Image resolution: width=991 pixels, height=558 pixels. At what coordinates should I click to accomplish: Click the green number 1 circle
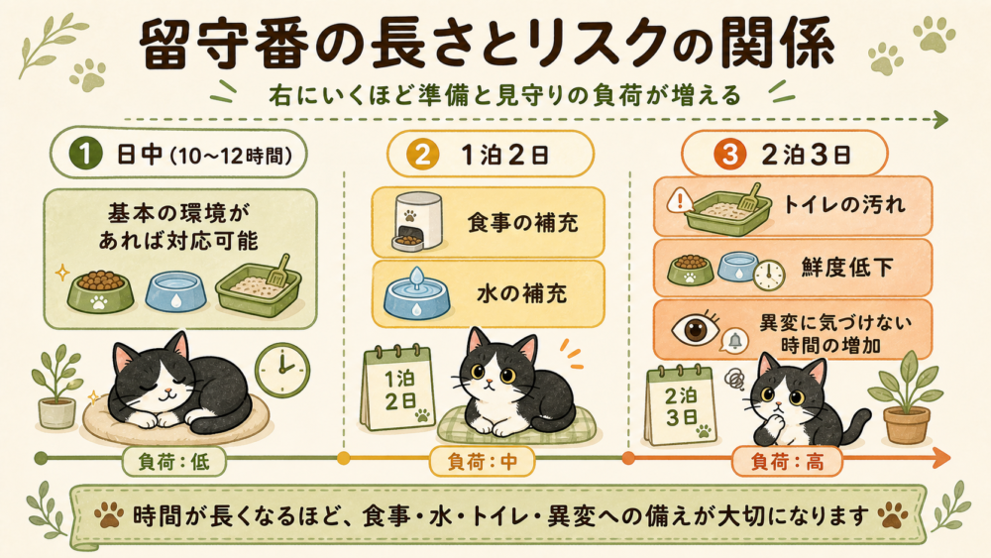pos(85,155)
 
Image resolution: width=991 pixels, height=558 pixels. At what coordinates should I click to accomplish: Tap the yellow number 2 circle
pos(422,155)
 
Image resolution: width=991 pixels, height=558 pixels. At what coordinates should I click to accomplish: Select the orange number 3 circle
pos(728,155)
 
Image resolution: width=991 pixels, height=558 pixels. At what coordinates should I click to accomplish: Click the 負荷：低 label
pos(173,462)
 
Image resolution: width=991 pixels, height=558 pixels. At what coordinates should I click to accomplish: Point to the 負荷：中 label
pos(483,462)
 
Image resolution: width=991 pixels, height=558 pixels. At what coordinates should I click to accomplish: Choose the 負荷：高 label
pos(788,462)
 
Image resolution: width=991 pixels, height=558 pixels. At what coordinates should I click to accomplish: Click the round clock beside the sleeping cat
pos(281,369)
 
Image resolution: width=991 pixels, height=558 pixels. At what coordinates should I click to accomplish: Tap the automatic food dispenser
pos(416,221)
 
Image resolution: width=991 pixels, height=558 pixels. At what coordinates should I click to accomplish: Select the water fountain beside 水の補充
pos(416,293)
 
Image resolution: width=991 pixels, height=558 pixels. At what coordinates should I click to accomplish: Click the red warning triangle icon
pos(681,201)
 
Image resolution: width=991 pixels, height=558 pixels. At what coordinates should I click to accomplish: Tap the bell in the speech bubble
pos(734,341)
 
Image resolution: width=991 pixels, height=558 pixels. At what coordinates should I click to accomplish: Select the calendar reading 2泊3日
pos(681,404)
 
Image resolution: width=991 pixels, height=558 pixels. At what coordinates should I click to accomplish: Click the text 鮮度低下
pos(847,268)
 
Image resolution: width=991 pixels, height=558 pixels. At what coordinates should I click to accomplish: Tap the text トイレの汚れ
pos(844,205)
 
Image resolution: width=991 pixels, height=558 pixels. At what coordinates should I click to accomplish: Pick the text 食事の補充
pos(522,222)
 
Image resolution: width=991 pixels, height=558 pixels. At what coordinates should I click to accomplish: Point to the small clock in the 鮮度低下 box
pos(769,275)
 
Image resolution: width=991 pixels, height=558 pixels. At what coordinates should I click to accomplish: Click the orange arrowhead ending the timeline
pos(941,458)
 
